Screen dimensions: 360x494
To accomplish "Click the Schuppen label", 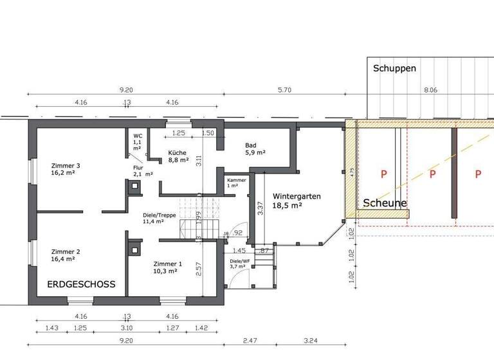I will (x=395, y=68).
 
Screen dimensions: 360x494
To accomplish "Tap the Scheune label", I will (x=385, y=203).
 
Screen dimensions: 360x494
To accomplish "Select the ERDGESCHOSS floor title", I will (x=81, y=283).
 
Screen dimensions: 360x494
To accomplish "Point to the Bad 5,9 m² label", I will (x=255, y=149).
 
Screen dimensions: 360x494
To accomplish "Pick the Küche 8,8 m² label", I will (x=178, y=156).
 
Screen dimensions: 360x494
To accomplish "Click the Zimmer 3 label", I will (x=65, y=169).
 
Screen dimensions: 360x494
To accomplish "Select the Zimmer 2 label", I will (x=65, y=255).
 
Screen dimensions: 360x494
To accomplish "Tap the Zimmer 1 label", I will (x=168, y=267).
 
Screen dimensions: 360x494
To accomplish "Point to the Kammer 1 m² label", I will (x=237, y=183).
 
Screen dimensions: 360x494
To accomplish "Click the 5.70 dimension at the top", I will (x=284, y=91).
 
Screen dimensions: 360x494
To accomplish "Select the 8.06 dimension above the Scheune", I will (x=430, y=91).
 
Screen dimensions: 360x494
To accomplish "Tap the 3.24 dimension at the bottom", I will (x=311, y=340).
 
